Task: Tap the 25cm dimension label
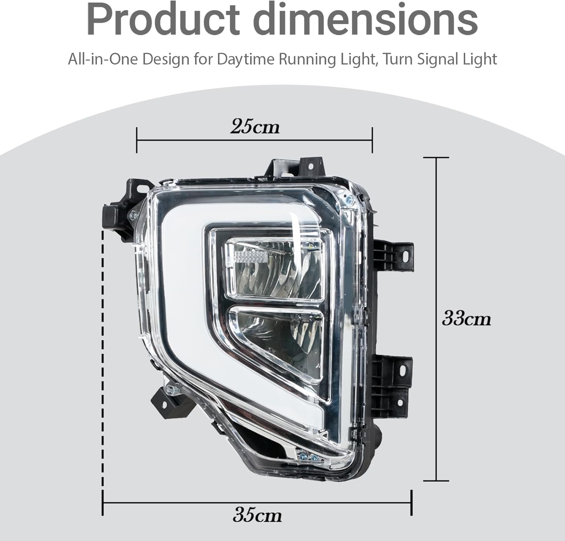(x=255, y=127)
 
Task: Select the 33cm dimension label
(x=466, y=319)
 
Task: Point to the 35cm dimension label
(x=257, y=515)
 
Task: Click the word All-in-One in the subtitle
(x=102, y=60)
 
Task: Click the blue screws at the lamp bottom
(x=308, y=457)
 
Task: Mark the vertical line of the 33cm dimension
(x=436, y=319)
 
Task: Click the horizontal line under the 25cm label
(x=254, y=140)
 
